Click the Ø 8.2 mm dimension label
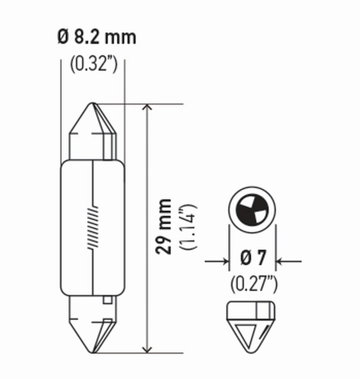point(97,37)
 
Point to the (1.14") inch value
point(188,227)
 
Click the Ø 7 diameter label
point(253,260)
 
